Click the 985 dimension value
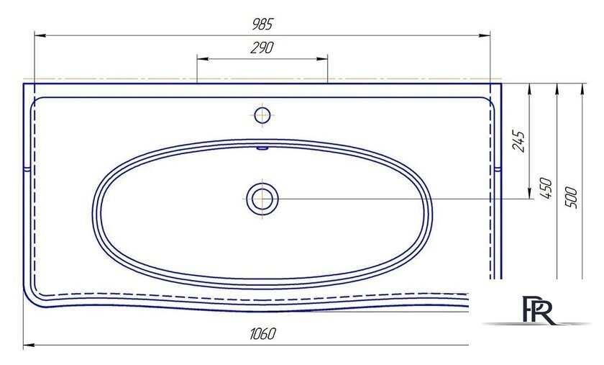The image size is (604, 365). point(262,24)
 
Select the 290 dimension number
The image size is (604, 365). point(262,48)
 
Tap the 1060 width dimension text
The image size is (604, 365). point(262,334)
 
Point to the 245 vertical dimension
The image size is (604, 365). point(519,142)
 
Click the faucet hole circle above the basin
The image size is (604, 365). point(262,115)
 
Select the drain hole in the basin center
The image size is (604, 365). point(262,199)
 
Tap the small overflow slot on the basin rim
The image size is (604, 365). point(262,148)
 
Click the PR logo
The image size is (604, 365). point(539,310)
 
